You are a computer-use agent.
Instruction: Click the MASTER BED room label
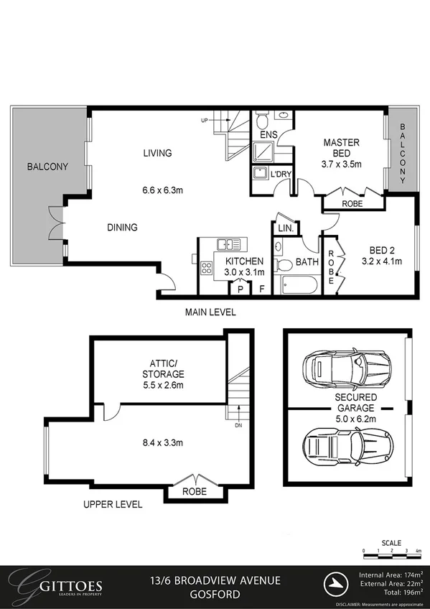342,148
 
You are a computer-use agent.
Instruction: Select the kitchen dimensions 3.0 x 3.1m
245,272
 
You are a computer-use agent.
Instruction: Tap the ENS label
268,134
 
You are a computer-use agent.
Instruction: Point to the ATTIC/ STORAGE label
164,368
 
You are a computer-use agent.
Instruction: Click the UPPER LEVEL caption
113,504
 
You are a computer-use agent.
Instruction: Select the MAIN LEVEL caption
210,312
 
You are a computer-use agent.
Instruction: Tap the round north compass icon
335,582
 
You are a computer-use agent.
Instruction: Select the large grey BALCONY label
47,167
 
